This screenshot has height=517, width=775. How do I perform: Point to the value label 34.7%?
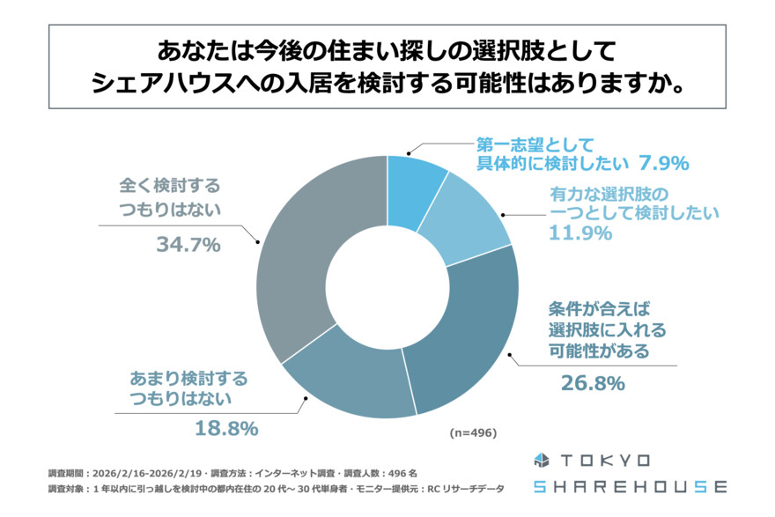(x=188, y=246)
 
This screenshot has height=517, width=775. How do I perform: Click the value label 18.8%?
(x=225, y=429)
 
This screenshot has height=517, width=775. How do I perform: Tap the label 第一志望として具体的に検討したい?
(x=551, y=154)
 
